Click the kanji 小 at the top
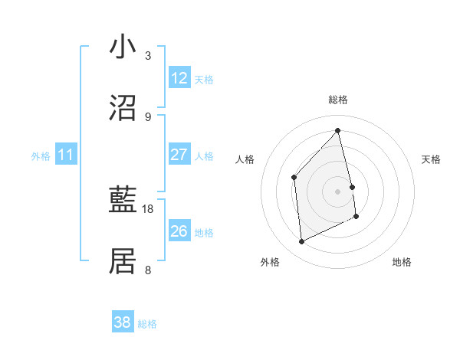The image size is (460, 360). pos(123,47)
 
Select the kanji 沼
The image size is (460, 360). pos(123,107)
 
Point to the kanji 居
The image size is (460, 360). pos(123,261)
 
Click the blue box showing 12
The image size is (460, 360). pos(179,78)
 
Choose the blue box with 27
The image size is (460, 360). pos(179,155)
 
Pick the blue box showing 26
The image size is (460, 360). pos(179,231)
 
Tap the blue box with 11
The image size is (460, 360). pos(66,155)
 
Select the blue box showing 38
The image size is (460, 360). pos(123,322)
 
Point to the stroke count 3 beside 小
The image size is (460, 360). pos(148,56)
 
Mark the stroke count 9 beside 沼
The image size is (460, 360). pos(148,116)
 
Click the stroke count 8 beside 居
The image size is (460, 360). pos(148,270)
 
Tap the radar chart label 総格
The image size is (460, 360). pos(338,100)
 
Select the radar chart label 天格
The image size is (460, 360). pos(432,159)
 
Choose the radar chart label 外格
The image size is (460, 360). pos(270,262)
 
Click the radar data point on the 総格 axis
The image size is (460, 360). pos(338,131)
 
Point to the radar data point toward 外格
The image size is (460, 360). pos(301,242)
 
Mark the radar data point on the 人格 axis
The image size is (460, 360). pos(294,177)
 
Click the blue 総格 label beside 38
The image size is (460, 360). pos(147,324)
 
